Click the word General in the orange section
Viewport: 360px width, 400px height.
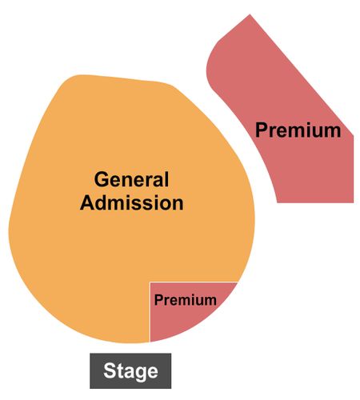pyautogui.click(x=131, y=179)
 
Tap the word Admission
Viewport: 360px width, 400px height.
pyautogui.click(x=132, y=203)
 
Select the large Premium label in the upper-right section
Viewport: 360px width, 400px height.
pyautogui.click(x=298, y=130)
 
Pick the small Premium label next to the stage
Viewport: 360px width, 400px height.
pyautogui.click(x=186, y=300)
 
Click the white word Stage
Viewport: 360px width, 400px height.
pyautogui.click(x=130, y=371)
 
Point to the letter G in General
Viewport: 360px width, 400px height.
pyautogui.click(x=101, y=179)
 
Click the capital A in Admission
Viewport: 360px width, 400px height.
pyautogui.click(x=87, y=203)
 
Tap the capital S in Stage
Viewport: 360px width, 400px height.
pyautogui.click(x=110, y=370)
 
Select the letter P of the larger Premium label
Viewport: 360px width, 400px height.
pyautogui.click(x=262, y=130)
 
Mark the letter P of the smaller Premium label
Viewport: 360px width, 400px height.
pyautogui.click(x=158, y=300)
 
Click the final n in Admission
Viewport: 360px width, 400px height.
pyautogui.click(x=178, y=205)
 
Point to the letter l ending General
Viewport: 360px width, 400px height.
pyautogui.click(x=166, y=179)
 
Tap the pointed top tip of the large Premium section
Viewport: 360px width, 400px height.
pyautogui.click(x=250, y=14)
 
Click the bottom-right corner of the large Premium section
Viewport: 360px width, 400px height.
pyautogui.click(x=354, y=202)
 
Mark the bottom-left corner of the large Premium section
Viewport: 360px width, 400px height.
pyautogui.click(x=278, y=202)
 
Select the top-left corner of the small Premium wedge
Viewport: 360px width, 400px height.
pyautogui.click(x=150, y=282)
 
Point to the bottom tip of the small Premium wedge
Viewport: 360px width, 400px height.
pyautogui.click(x=150, y=342)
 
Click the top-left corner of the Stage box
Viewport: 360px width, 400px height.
pyautogui.click(x=90, y=354)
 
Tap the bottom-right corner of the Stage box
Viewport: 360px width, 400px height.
pyautogui.click(x=171, y=388)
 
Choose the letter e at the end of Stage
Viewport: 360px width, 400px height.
pyautogui.click(x=153, y=372)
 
